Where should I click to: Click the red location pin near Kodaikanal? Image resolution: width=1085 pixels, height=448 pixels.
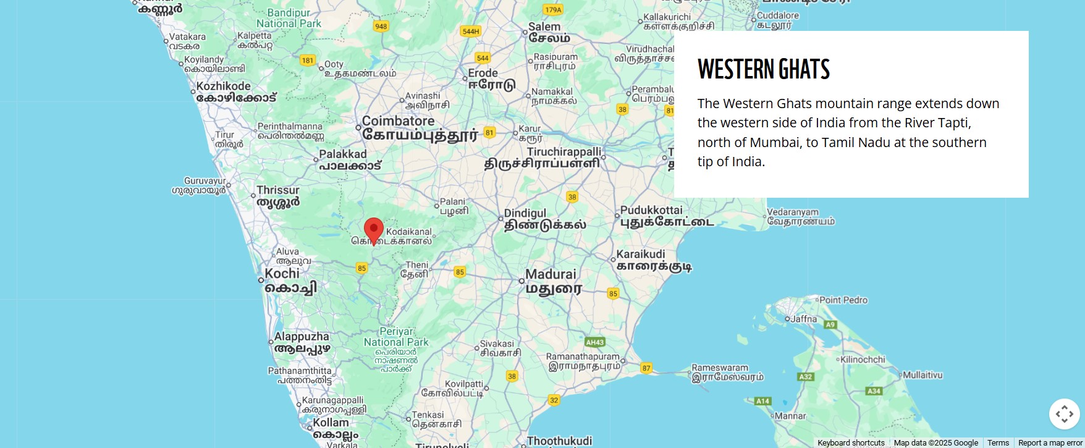[x=373, y=230]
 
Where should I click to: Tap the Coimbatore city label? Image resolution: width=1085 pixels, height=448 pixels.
[x=399, y=121]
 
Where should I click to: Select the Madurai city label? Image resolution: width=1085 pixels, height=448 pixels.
[x=551, y=274]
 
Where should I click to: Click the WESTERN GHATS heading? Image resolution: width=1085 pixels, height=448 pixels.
[x=763, y=69]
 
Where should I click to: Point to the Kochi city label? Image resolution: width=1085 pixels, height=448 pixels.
[x=282, y=274]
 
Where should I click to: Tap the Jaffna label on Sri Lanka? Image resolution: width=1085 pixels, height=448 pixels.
[x=804, y=319]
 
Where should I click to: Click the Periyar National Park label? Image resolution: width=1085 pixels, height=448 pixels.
[x=396, y=337]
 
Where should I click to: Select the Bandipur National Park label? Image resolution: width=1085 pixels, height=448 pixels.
[x=289, y=18]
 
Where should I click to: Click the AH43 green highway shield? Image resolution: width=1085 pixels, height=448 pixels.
[x=594, y=342]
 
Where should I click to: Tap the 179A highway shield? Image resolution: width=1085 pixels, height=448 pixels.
[x=553, y=10]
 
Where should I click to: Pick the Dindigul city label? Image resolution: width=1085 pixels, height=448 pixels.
[x=525, y=213]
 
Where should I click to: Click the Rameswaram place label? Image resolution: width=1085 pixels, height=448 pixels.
[x=720, y=368]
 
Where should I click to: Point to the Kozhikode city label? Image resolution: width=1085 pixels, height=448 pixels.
[x=224, y=87]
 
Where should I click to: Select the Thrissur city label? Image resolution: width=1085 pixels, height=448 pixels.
[x=278, y=190]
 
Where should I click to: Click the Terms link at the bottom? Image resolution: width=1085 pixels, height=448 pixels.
[x=998, y=443]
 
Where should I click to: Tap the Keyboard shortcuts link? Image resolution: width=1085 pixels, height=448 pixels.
[x=851, y=443]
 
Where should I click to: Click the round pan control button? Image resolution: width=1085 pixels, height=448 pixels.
[x=1064, y=414]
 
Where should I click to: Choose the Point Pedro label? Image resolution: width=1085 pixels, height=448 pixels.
[x=843, y=300]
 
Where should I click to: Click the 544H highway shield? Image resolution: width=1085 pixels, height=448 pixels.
[x=471, y=32]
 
